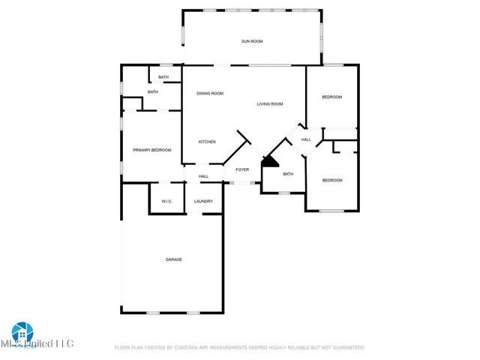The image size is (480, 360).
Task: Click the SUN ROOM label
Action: pyautogui.click(x=252, y=41)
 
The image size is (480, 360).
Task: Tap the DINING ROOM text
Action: pyautogui.click(x=210, y=93)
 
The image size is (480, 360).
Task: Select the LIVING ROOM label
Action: pyautogui.click(x=269, y=103)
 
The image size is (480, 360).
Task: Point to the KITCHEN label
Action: pyautogui.click(x=207, y=142)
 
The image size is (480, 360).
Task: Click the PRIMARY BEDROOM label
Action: pyautogui.click(x=152, y=150)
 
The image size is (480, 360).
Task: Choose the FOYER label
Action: pyautogui.click(x=242, y=169)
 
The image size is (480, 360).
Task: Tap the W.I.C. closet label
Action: pyautogui.click(x=166, y=201)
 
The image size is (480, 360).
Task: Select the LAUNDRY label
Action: pyautogui.click(x=203, y=201)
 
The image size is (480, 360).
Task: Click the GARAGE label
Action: pyautogui.click(x=174, y=259)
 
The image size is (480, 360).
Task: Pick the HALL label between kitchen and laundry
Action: pyautogui.click(x=203, y=176)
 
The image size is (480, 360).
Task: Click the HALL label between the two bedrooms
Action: pyautogui.click(x=306, y=139)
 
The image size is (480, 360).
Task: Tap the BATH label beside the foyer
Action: pyautogui.click(x=288, y=174)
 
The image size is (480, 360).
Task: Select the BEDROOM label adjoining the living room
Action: pyautogui.click(x=332, y=97)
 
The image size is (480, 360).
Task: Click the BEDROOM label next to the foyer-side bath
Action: pyautogui.click(x=332, y=180)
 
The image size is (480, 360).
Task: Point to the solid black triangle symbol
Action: pyautogui.click(x=268, y=162)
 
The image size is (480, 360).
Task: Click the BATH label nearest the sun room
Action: pyautogui.click(x=163, y=77)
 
